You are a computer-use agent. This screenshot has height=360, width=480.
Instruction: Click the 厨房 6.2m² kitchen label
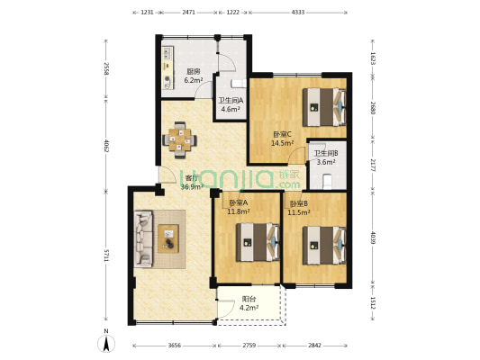pos(193,76)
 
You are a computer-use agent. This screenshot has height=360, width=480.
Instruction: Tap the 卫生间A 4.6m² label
pos(231,104)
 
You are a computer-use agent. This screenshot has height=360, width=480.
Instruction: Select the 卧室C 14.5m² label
pos(282,139)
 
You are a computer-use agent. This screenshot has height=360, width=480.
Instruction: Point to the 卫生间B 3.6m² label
pos(326,157)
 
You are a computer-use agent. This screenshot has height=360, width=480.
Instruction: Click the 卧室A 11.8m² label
pos(238,207)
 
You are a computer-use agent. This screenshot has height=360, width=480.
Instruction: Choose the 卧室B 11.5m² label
pos(298,207)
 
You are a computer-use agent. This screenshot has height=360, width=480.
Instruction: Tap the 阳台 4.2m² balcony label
pos(250,303)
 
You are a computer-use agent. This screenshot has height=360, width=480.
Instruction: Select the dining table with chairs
pos(179,139)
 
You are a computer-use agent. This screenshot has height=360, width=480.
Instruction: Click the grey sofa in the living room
pos(144,238)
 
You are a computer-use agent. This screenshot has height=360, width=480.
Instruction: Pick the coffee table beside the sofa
pos(168,238)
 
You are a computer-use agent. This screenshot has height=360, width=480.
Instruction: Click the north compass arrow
pos(106,342)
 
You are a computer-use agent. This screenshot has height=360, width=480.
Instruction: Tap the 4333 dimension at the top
pos(298,13)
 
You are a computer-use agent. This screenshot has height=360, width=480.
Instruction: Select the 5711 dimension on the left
pos(106,256)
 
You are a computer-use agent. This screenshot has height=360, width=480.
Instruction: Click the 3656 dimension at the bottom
pos(175,346)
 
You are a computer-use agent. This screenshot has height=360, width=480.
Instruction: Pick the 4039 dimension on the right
pos(371,238)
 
